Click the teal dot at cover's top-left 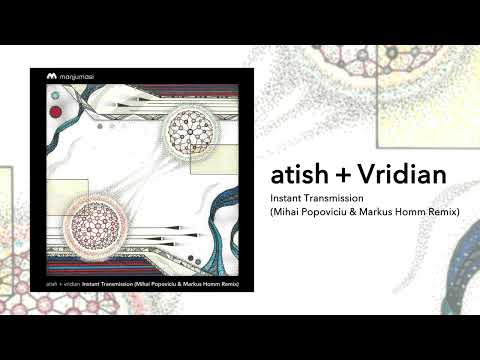point(56,94)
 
